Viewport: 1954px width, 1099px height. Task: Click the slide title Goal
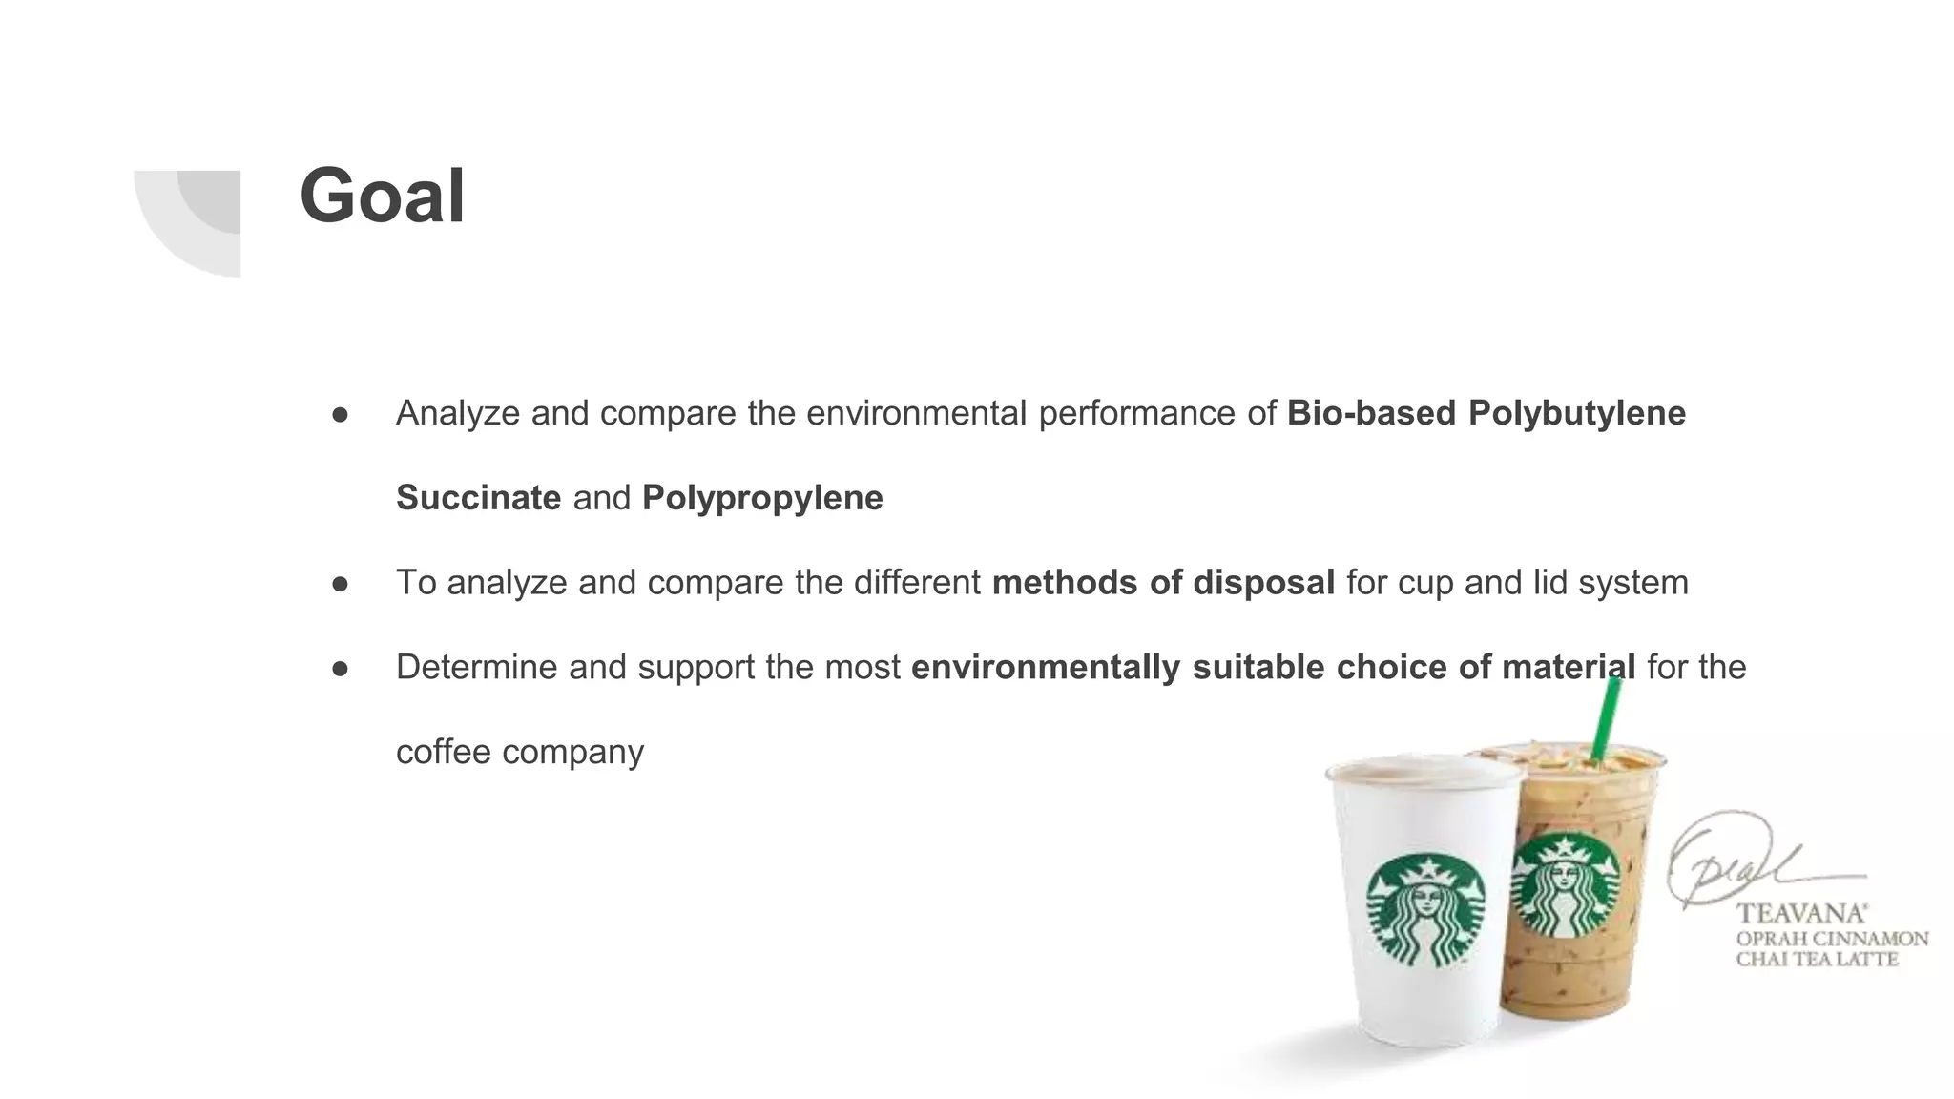[383, 197]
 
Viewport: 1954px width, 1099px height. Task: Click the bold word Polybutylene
[1576, 413]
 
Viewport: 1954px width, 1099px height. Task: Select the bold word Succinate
[478, 498]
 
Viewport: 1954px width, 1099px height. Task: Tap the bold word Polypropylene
[762, 498]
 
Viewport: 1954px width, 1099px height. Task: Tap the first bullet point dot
[340, 414]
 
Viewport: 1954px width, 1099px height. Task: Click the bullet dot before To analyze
[340, 583]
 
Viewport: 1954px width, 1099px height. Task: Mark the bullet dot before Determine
[340, 668]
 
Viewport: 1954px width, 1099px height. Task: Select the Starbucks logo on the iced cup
[1567, 885]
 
